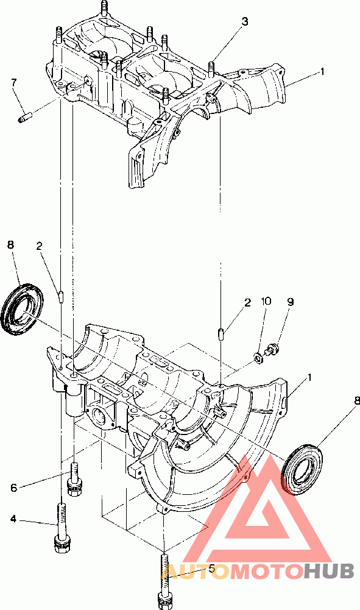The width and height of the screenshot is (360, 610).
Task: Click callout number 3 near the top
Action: click(x=244, y=22)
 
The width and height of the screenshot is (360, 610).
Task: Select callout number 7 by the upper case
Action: click(x=14, y=82)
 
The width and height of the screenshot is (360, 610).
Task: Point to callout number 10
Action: click(x=266, y=302)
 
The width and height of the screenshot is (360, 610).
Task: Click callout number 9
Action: click(x=290, y=302)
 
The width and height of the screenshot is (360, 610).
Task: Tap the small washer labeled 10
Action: click(x=258, y=356)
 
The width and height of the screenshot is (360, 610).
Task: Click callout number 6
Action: click(x=14, y=488)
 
